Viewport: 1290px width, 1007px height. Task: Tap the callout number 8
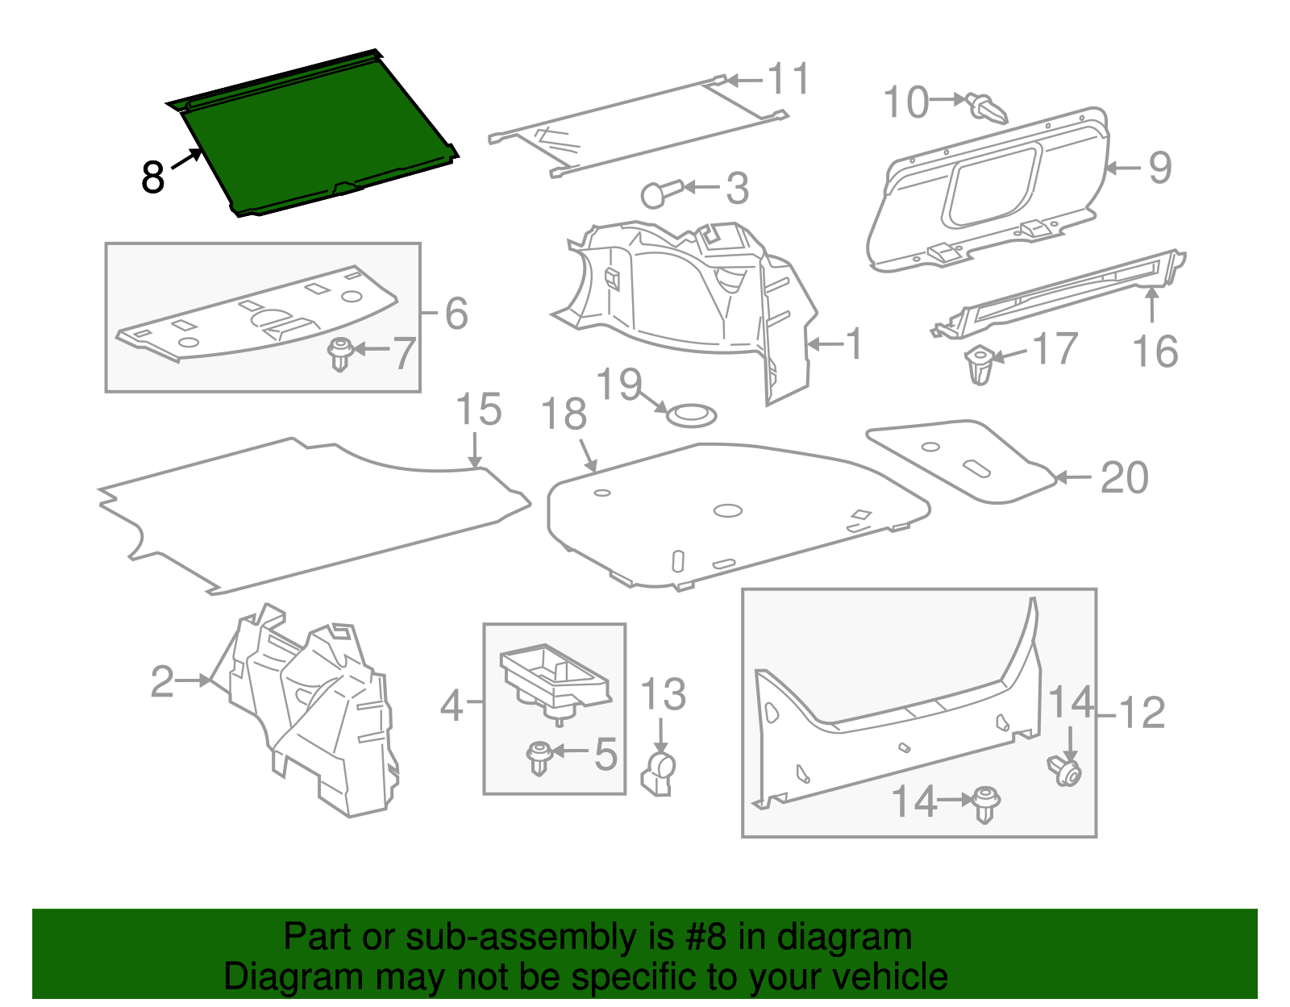[x=152, y=177]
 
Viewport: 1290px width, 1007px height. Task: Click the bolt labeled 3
[x=660, y=193]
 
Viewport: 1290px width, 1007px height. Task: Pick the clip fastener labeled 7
[x=340, y=354]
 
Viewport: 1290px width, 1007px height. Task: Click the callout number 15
[x=478, y=410]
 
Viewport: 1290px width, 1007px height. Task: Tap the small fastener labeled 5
[x=538, y=757]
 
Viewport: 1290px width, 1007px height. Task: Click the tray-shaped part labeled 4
[x=555, y=678]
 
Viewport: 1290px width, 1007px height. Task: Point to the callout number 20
[x=1124, y=478]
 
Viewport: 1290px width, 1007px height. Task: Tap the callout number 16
[x=1155, y=352]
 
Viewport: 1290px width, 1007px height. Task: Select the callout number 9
[x=1159, y=168]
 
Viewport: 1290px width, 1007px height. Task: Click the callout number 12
[x=1142, y=713]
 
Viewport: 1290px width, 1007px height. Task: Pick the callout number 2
[x=162, y=681]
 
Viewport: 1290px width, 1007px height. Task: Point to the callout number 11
[x=788, y=80]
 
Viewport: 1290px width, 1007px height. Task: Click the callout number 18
[x=564, y=415]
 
